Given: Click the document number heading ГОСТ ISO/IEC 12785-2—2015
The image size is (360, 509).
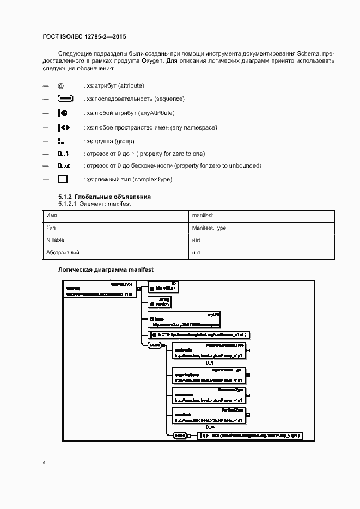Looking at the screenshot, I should point(84,36).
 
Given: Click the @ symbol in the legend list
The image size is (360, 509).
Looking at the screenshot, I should point(61,86).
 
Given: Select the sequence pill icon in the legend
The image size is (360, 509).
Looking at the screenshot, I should point(65,99).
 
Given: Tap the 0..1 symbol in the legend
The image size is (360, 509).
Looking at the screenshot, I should point(63,154).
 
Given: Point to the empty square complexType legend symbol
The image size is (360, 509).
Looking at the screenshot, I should point(63,179).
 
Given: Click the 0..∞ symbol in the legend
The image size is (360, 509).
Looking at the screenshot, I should point(64,166).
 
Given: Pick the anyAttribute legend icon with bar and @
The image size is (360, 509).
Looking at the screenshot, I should point(63,113).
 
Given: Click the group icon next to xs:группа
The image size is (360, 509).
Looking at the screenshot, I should point(61,141).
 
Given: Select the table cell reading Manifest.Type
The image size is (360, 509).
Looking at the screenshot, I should point(209,228).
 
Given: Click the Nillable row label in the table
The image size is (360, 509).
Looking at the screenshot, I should point(56,240).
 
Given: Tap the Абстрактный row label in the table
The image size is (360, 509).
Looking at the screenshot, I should point(63,253).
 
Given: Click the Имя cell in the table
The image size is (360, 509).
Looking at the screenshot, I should point(52,216).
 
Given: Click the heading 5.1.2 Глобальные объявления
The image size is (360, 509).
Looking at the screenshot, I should point(104,197).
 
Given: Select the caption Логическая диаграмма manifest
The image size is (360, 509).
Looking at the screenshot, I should point(106,270).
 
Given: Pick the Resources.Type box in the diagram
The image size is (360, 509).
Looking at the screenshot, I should point(209,395).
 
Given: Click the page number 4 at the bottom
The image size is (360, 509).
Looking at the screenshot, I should point(44,463).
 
